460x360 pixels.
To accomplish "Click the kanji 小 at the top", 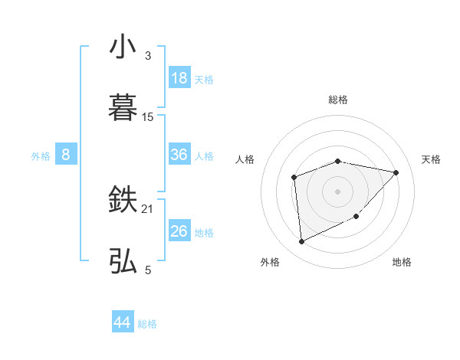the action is (123, 47).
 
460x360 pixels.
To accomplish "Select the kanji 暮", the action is (123, 107).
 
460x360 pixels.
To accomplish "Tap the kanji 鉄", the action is (123, 201).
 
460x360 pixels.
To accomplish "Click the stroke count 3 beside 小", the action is (147, 56).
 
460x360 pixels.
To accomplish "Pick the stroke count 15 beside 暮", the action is (148, 117).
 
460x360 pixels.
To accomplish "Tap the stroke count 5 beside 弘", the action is (147, 270).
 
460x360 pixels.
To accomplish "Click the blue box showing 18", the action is (179, 78).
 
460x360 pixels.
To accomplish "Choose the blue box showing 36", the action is (179, 155).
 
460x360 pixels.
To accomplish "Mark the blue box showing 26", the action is (179, 231).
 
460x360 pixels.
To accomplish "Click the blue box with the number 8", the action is (66, 155).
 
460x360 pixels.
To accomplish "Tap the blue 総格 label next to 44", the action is (147, 324).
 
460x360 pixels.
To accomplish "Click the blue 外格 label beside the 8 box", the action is (41, 156).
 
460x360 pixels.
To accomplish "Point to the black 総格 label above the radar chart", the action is (337, 100).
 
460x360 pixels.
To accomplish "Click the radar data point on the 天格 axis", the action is (396, 172).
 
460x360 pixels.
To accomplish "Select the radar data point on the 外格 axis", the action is (301, 242).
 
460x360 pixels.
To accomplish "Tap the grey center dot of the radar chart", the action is (337, 190).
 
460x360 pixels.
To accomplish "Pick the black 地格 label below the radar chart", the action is (402, 262).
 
